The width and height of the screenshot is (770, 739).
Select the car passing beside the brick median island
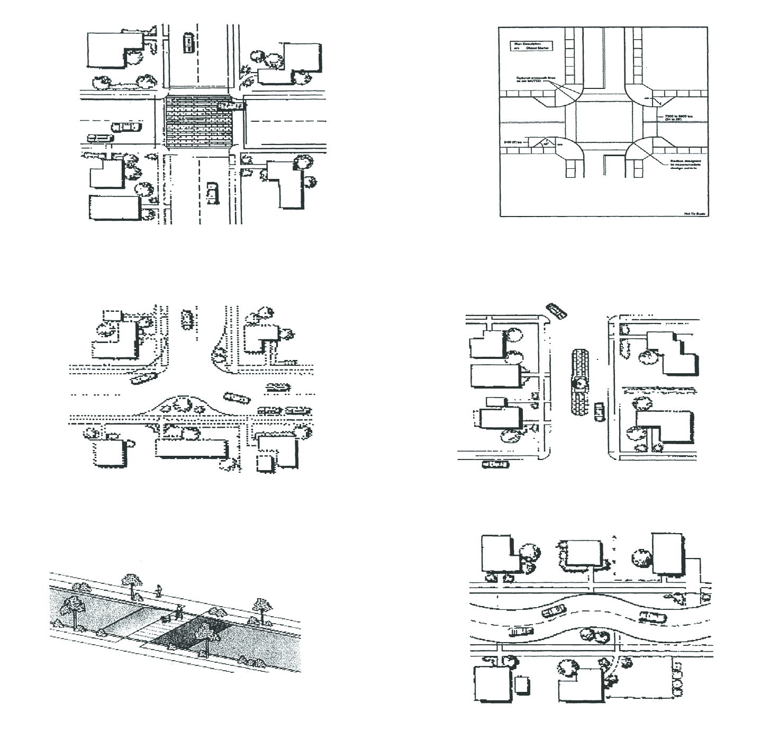[599, 411]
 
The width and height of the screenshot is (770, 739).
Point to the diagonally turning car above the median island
[556, 310]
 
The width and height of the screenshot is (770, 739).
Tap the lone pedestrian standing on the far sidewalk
[158, 590]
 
